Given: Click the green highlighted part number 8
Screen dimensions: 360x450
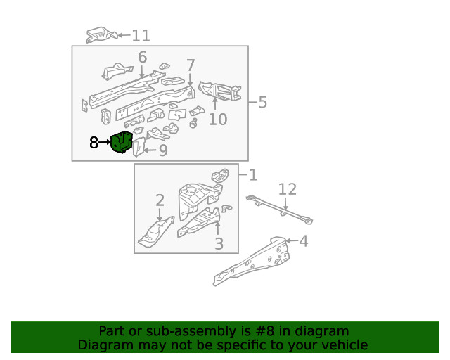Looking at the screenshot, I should coord(122,142).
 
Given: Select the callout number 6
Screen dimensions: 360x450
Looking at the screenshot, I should coord(142,58).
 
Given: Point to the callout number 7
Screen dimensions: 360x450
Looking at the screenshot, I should coord(191,65).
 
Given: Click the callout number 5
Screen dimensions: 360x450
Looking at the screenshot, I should coord(262,103).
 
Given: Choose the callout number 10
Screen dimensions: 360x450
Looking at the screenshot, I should coord(217,119).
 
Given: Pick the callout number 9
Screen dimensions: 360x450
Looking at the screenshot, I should coord(162,150).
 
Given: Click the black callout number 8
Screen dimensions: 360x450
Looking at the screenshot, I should coord(94,143).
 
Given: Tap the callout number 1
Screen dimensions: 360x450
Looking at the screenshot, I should coord(253,174).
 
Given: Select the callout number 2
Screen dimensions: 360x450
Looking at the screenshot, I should coord(160,200).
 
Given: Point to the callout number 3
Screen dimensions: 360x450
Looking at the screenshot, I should coord(219,244).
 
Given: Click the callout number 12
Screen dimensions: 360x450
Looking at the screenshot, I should coord(288,189).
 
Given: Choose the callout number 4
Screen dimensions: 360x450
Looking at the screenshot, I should coord(304,242).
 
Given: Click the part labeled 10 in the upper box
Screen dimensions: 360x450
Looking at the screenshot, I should coord(219,91).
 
